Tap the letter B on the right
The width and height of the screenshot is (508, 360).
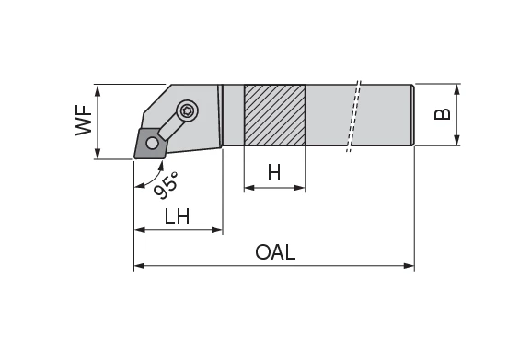442,114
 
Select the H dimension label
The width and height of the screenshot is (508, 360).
273,172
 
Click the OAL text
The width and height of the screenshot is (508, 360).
276,252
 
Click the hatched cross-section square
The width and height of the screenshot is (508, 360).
274,115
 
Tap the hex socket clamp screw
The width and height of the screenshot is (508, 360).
188,110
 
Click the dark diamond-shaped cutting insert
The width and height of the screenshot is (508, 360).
150,143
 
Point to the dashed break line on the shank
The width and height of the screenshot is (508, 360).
352,115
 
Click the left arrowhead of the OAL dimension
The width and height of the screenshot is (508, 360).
139,266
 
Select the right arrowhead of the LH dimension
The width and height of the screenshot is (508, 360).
218,229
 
